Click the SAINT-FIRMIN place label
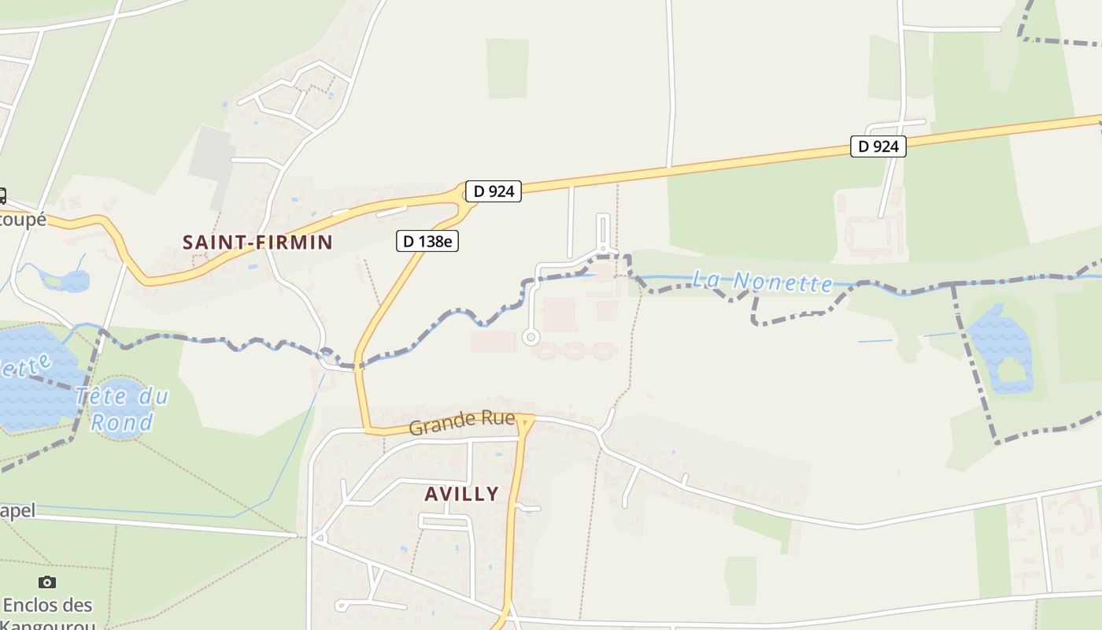pyautogui.click(x=258, y=243)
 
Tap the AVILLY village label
pyautogui.click(x=461, y=494)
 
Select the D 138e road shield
pyautogui.click(x=427, y=242)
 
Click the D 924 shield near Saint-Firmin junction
pyautogui.click(x=494, y=191)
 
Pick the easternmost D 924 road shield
pyautogui.click(x=878, y=146)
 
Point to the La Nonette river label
pyautogui.click(x=762, y=281)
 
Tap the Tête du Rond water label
pyautogui.click(x=122, y=409)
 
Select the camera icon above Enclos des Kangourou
pyautogui.click(x=47, y=583)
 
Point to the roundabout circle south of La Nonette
pyautogui.click(x=531, y=337)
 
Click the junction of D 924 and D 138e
pyautogui.click(x=464, y=197)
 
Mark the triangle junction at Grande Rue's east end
pyautogui.click(x=526, y=421)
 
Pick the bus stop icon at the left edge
pyautogui.click(x=2, y=195)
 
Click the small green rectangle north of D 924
pyautogui.click(x=507, y=69)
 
